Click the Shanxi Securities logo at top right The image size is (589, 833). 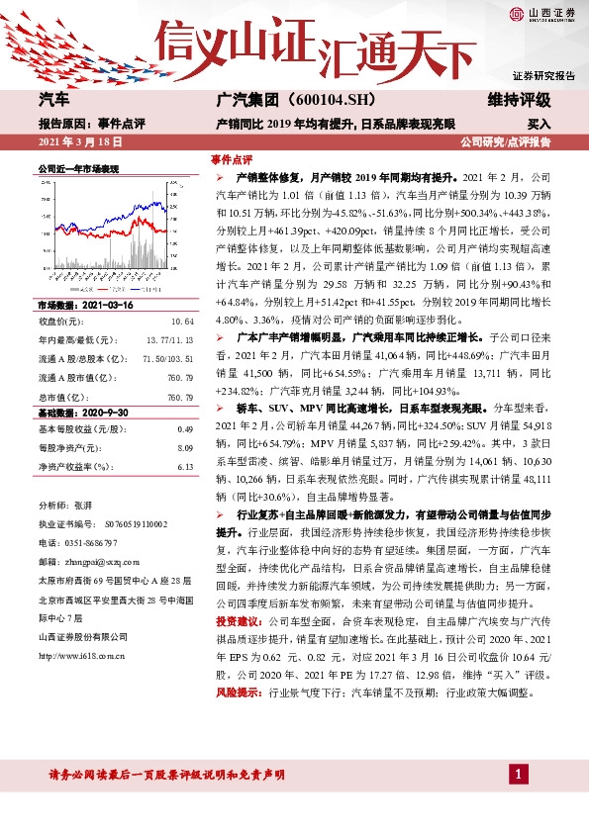543,13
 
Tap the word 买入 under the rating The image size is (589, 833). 539,125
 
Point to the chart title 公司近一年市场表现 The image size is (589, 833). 78,169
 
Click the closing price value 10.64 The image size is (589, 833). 181,294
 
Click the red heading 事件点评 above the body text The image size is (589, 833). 232,159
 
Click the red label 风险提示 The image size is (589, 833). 239,694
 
